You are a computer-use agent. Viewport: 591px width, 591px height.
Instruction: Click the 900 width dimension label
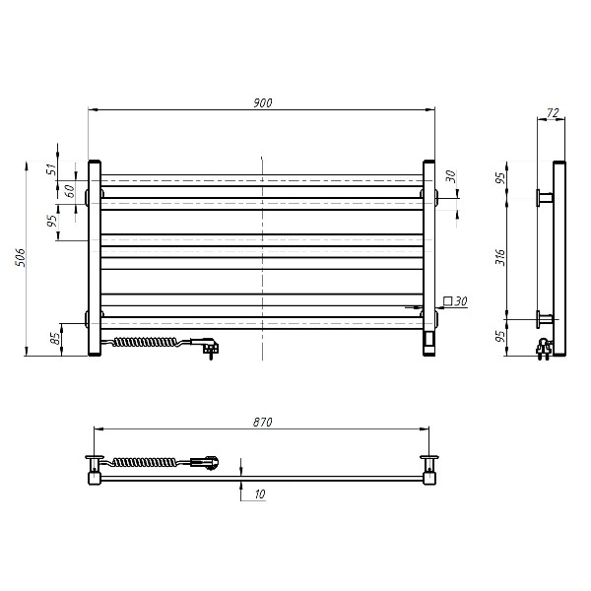point(262,102)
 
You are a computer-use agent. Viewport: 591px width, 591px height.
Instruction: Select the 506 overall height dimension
point(20,258)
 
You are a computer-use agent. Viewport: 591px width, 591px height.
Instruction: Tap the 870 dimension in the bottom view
point(262,423)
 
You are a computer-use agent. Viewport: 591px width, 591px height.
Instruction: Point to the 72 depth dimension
point(553,113)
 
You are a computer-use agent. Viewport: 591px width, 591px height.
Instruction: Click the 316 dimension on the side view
point(500,257)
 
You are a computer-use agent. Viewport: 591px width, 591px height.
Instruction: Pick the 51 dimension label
point(52,168)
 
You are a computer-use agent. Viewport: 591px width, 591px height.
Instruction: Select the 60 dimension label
point(70,191)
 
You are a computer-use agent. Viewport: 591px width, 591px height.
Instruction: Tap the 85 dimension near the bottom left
point(55,338)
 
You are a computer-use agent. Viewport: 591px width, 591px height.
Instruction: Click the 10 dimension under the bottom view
point(260,493)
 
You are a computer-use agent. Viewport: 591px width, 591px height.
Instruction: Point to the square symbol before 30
point(448,301)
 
